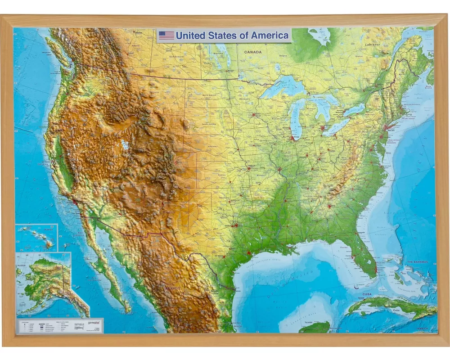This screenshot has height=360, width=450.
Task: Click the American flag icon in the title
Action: [166, 36]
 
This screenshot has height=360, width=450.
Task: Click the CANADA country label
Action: [252, 52]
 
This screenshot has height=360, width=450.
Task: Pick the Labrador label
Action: [373, 45]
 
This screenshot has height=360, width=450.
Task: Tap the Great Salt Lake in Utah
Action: [124, 145]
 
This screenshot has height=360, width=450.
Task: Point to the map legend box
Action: [60, 325]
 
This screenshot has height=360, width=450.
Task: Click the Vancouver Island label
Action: [46, 53]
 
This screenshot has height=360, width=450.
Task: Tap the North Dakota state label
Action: [209, 95]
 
